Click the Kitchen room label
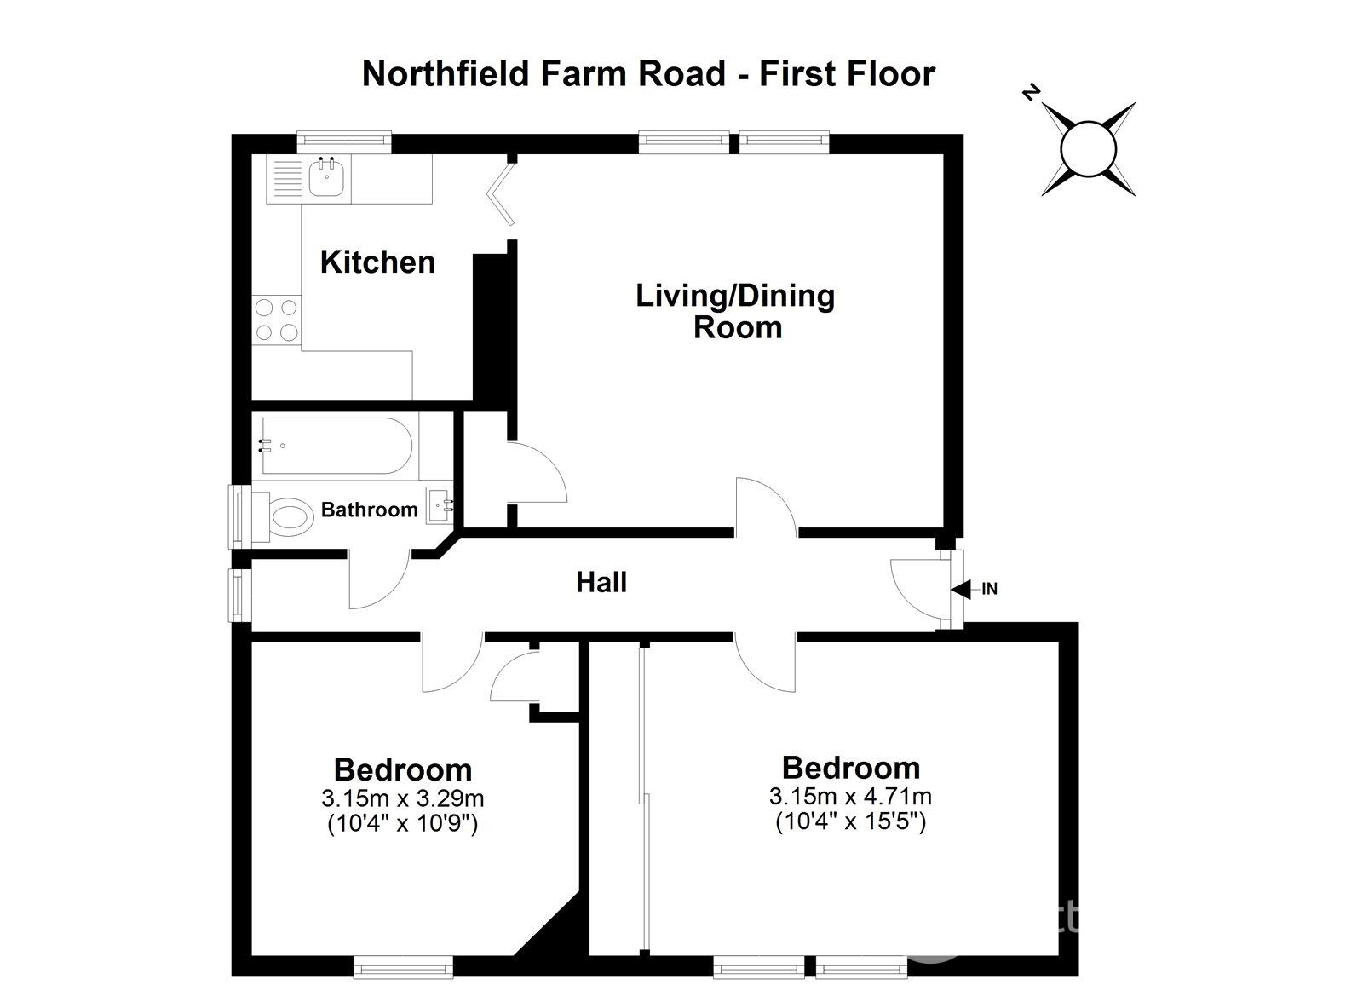click(377, 262)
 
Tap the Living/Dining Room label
click(736, 311)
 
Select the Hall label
click(601, 582)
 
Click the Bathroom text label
click(369, 510)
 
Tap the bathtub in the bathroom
click(337, 445)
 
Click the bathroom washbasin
click(440, 505)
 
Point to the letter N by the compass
click(1032, 93)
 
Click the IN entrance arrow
click(962, 589)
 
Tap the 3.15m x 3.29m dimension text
click(402, 798)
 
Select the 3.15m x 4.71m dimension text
click(850, 797)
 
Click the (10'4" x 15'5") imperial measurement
click(850, 822)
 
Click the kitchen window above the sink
click(343, 142)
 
